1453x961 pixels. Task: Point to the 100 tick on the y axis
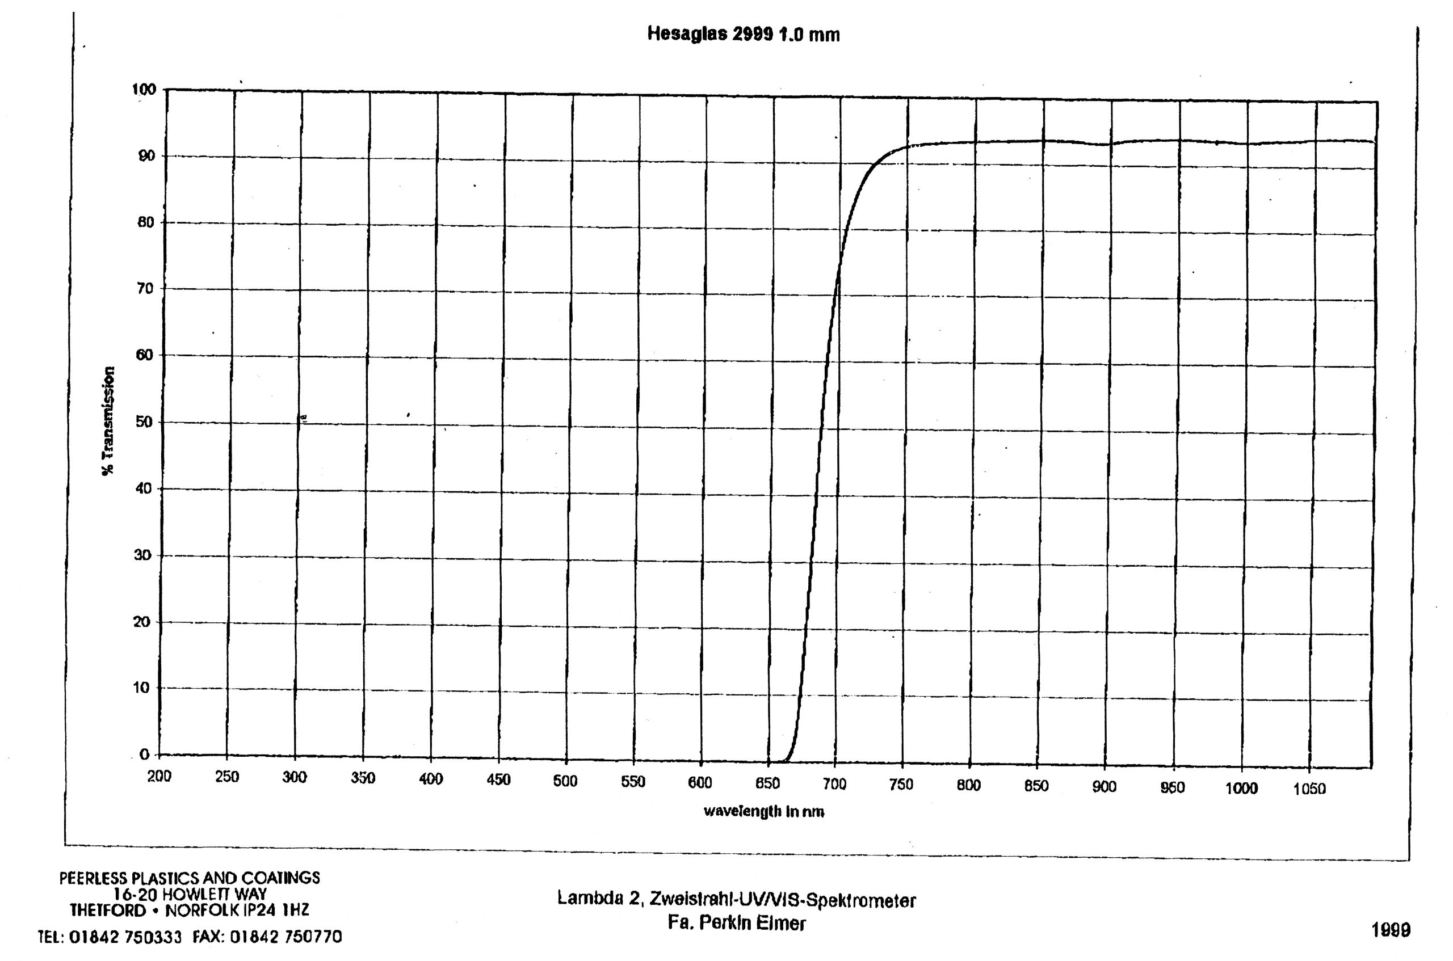(x=145, y=90)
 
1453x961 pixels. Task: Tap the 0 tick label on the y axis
(x=145, y=755)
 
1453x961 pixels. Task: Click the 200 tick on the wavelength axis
(x=159, y=777)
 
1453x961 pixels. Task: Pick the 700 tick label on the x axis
(x=834, y=784)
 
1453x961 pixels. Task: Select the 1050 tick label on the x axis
(x=1309, y=789)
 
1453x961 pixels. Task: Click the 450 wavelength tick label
(x=498, y=779)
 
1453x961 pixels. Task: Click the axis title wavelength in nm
(x=764, y=811)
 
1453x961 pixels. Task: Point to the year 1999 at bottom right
(x=1391, y=930)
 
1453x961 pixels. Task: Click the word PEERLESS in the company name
(x=93, y=878)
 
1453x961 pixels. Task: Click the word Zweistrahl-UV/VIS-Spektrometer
(x=782, y=900)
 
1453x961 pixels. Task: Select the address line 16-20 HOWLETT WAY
(x=190, y=894)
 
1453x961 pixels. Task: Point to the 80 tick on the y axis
(x=145, y=222)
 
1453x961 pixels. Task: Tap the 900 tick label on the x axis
(x=1104, y=787)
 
